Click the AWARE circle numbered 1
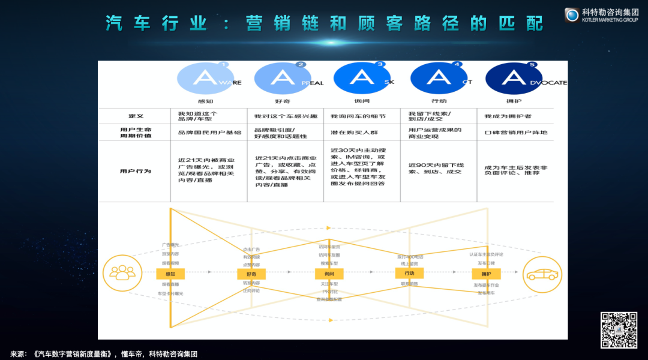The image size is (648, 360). click(x=205, y=77)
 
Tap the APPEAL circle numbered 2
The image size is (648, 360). click(x=282, y=77)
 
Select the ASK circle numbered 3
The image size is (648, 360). click(x=361, y=77)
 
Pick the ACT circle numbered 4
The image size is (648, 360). click(x=439, y=77)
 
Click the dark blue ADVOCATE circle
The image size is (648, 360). click(x=514, y=77)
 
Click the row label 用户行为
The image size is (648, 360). click(x=136, y=171)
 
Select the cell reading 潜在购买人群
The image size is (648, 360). click(x=355, y=131)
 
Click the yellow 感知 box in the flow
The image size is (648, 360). click(x=170, y=274)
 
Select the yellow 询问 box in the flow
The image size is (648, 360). click(x=329, y=274)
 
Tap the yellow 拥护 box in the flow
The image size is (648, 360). click(x=486, y=274)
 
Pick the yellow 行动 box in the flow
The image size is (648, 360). click(x=409, y=273)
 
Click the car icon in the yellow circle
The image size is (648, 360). click(x=542, y=274)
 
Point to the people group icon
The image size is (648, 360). click(x=122, y=274)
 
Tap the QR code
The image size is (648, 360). click(x=619, y=329)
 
